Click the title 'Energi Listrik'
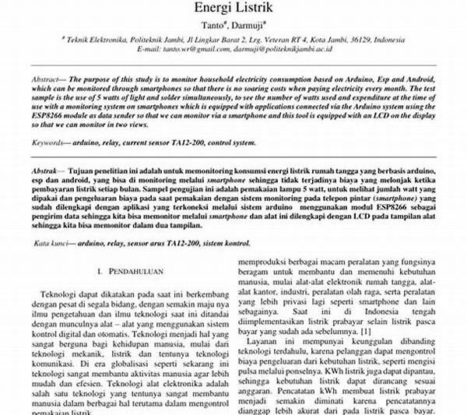233,9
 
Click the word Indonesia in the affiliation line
377,39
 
